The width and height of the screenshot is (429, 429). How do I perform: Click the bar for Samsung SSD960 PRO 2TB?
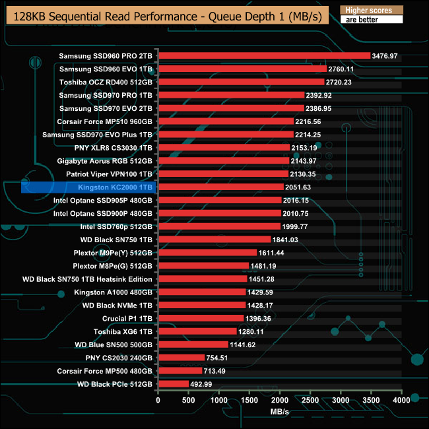pos(264,56)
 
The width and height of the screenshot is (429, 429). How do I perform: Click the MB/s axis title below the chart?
pos(280,412)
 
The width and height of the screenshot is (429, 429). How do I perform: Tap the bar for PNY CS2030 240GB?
pos(181,358)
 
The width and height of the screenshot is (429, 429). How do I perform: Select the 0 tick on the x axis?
pos(158,401)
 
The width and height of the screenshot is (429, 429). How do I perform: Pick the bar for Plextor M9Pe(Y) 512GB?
pos(207,252)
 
